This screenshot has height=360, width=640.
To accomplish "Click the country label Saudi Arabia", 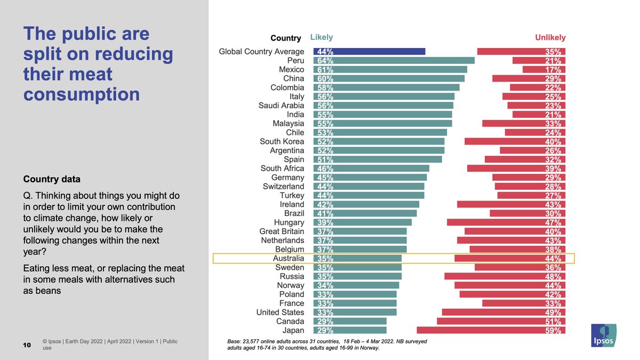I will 281,106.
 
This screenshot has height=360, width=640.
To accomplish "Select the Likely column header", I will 321,37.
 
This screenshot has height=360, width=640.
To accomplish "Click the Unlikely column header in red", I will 550,37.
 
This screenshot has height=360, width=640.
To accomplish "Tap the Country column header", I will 286,38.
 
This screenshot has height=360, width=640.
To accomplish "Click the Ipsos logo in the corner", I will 604,337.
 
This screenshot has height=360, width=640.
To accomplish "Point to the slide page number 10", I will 27,345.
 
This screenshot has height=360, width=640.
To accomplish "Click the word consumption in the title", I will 82,94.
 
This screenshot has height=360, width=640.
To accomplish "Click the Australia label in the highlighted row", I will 288,259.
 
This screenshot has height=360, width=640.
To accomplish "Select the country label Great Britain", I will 282,231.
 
